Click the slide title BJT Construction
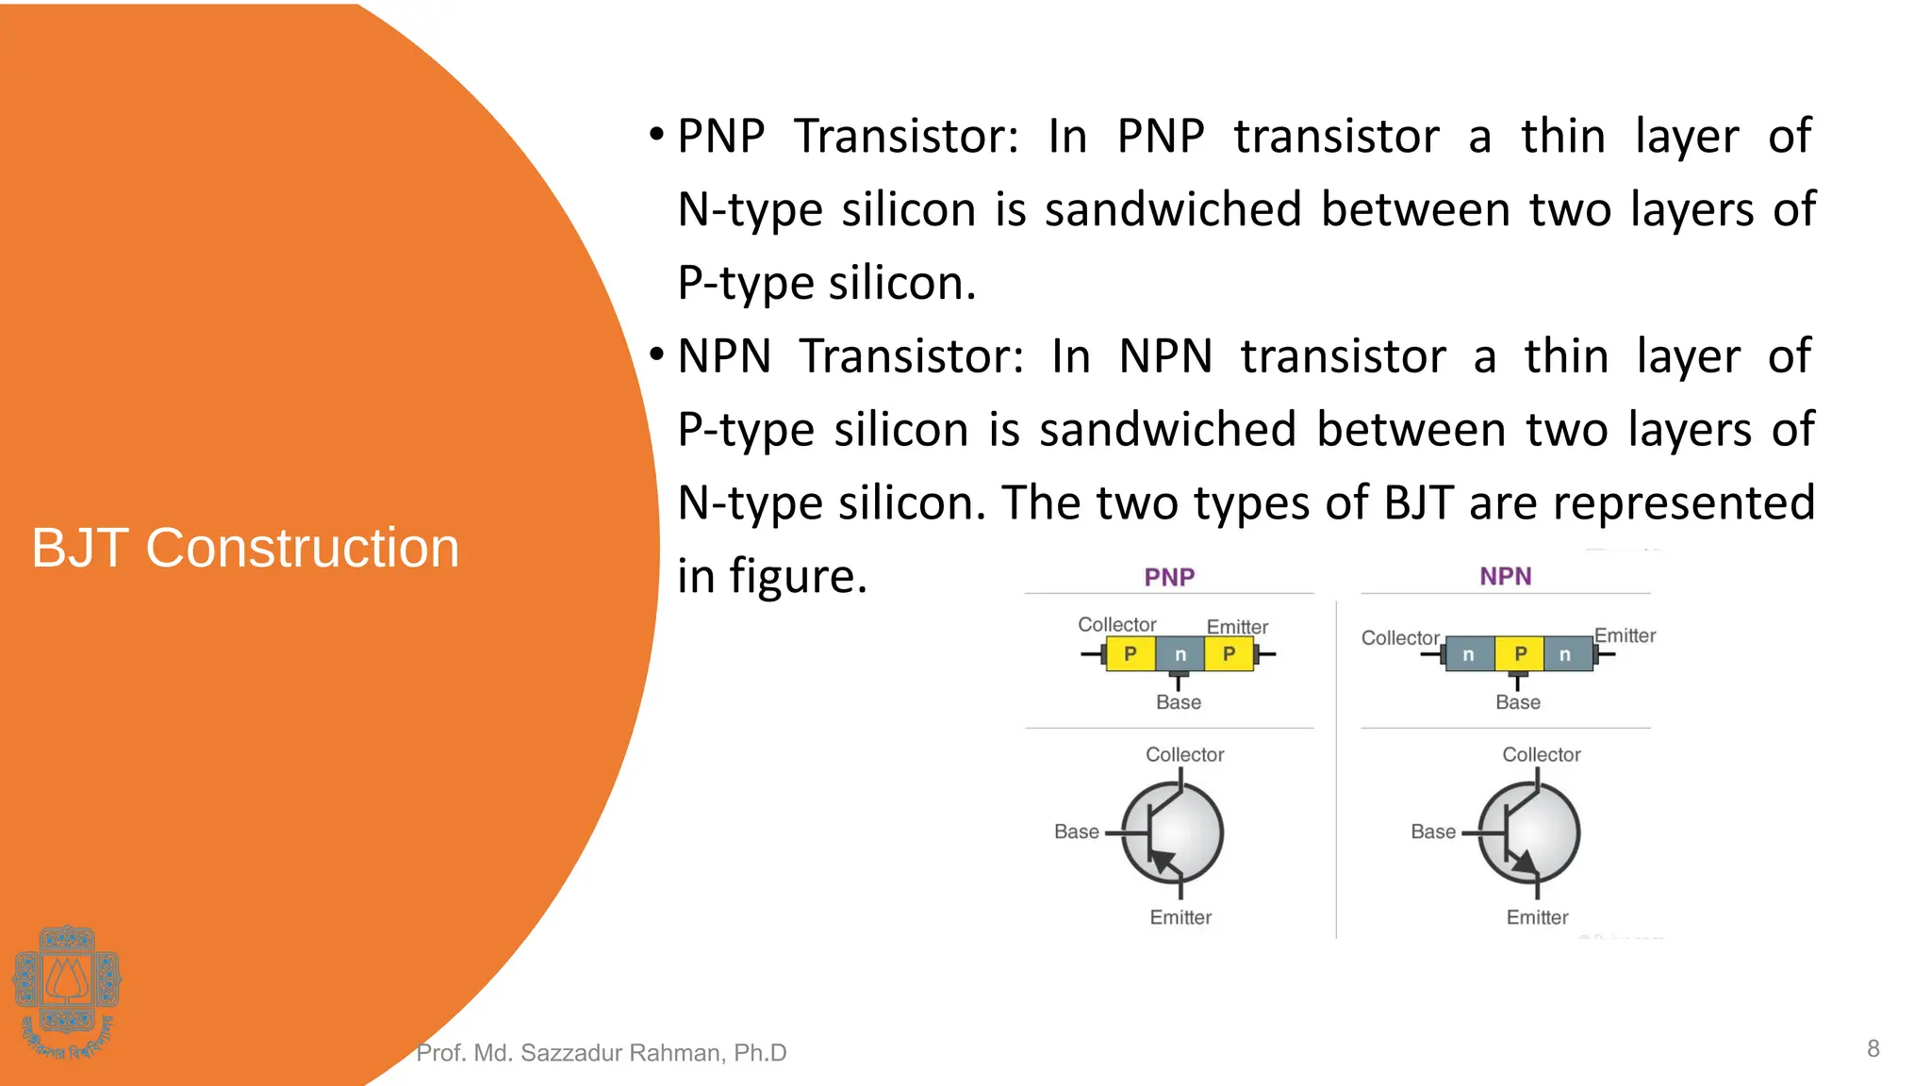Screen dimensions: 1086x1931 (245, 548)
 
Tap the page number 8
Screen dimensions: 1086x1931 (1873, 1048)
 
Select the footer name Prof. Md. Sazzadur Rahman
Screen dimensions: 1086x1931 (601, 1053)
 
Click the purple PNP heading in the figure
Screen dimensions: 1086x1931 (1169, 577)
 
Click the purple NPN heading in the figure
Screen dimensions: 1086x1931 (1505, 576)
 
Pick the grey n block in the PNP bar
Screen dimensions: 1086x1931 (1180, 654)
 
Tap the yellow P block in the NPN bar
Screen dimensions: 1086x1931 (1520, 653)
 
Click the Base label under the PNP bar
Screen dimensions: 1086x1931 (1179, 702)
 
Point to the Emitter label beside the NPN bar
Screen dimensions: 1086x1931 (1625, 636)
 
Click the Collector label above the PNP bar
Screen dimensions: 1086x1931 (1116, 625)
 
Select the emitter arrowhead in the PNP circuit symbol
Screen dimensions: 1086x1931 (1163, 859)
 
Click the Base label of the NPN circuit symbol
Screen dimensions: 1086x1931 (1433, 831)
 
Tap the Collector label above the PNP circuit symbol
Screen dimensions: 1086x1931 (1184, 755)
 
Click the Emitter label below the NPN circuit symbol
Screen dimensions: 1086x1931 (1537, 917)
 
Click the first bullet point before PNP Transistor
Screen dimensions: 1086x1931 (657, 135)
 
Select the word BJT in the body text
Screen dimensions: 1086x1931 (1418, 502)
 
